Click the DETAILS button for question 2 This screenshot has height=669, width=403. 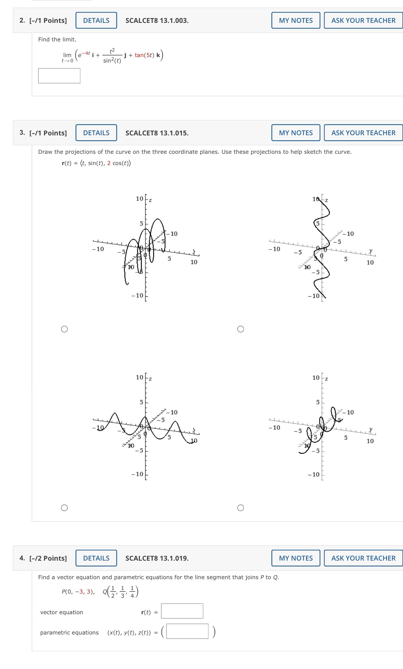click(x=96, y=20)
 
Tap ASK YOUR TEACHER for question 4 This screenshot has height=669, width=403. click(x=363, y=558)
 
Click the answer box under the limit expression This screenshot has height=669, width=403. click(x=59, y=76)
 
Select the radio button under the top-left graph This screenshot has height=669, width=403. click(x=65, y=329)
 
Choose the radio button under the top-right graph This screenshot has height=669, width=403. click(x=241, y=329)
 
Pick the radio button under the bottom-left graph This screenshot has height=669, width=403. click(x=65, y=508)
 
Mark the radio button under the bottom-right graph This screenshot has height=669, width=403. click(x=241, y=508)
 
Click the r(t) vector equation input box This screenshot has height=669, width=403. click(x=182, y=611)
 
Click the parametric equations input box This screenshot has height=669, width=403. click(x=187, y=631)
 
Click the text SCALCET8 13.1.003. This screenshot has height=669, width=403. click(x=157, y=21)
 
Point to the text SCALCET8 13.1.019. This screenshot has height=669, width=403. click(x=157, y=558)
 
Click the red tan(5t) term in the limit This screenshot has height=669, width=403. click(x=144, y=55)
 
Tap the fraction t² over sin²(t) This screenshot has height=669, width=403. click(x=112, y=55)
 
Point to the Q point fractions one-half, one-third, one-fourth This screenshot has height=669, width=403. click(x=122, y=592)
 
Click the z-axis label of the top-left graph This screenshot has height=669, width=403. click(x=150, y=200)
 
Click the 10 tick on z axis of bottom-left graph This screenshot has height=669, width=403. click(x=139, y=377)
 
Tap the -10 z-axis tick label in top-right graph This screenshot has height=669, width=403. click(x=314, y=296)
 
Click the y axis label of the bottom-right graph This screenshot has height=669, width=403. click(x=371, y=429)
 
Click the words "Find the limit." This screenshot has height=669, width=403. click(x=57, y=39)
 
